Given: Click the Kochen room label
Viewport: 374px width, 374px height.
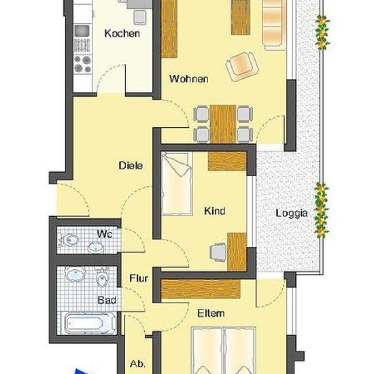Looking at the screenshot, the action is pyautogui.click(x=122, y=33).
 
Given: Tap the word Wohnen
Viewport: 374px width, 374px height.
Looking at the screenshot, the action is pyautogui.click(x=188, y=79).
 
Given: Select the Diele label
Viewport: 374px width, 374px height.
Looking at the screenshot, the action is pyautogui.click(x=131, y=165).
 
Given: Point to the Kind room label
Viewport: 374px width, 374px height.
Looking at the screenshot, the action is pyautogui.click(x=215, y=211).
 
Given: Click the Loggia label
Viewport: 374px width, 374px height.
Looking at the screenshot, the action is pyautogui.click(x=292, y=213).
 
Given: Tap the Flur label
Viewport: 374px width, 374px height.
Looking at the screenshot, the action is pyautogui.click(x=139, y=278).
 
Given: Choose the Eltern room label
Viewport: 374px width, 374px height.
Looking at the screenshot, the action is pyautogui.click(x=211, y=313).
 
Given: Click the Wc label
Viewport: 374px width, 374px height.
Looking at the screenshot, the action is pyautogui.click(x=105, y=234).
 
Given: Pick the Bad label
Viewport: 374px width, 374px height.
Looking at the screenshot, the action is pyautogui.click(x=107, y=300).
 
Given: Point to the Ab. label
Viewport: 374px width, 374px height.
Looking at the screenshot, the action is pyautogui.click(x=137, y=364).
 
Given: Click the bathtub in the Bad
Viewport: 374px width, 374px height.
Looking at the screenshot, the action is pyautogui.click(x=88, y=323).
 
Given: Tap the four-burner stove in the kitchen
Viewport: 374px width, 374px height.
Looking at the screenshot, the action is pyautogui.click(x=82, y=64).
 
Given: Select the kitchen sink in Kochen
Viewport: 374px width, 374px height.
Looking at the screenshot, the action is pyautogui.click(x=82, y=31).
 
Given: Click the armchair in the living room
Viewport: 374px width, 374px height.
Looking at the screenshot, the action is pyautogui.click(x=242, y=67).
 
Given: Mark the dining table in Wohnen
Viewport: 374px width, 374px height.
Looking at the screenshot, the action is pyautogui.click(x=223, y=124).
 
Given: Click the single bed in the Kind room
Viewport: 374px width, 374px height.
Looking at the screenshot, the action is pyautogui.click(x=177, y=184).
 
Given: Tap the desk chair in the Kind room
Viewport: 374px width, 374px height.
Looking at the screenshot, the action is pyautogui.click(x=218, y=252).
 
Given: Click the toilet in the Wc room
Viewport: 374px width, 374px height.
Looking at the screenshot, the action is pyautogui.click(x=69, y=240).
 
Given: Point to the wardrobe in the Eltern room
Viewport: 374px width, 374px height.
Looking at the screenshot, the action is pyautogui.click(x=201, y=288).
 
